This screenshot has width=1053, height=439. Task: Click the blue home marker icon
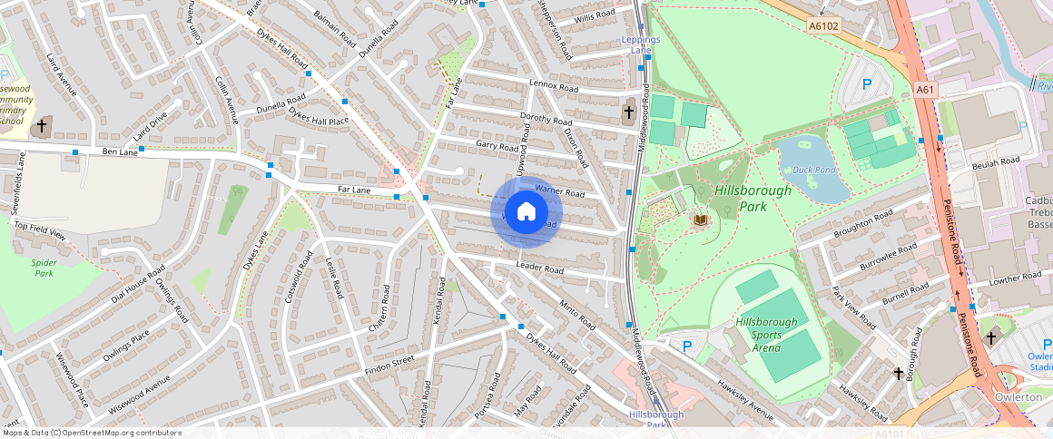click(x=526, y=212)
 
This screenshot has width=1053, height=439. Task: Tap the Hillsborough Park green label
click(x=753, y=198)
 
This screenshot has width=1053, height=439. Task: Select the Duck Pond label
click(x=812, y=170)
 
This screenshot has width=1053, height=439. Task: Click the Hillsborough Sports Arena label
click(x=767, y=335)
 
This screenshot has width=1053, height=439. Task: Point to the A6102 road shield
click(x=823, y=27)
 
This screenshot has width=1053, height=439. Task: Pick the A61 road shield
click(x=925, y=90)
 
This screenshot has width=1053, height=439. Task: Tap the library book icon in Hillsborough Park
click(x=700, y=219)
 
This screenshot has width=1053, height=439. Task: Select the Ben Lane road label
click(x=120, y=151)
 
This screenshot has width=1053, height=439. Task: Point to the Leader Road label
click(x=540, y=268)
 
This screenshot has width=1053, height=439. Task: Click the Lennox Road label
click(x=554, y=87)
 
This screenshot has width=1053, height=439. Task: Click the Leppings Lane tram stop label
click(x=641, y=44)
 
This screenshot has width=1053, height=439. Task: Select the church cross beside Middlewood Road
click(x=628, y=112)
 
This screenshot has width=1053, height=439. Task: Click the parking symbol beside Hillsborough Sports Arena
click(x=686, y=346)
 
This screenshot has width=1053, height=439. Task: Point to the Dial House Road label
click(x=138, y=284)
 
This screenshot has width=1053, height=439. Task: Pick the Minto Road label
click(x=577, y=314)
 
